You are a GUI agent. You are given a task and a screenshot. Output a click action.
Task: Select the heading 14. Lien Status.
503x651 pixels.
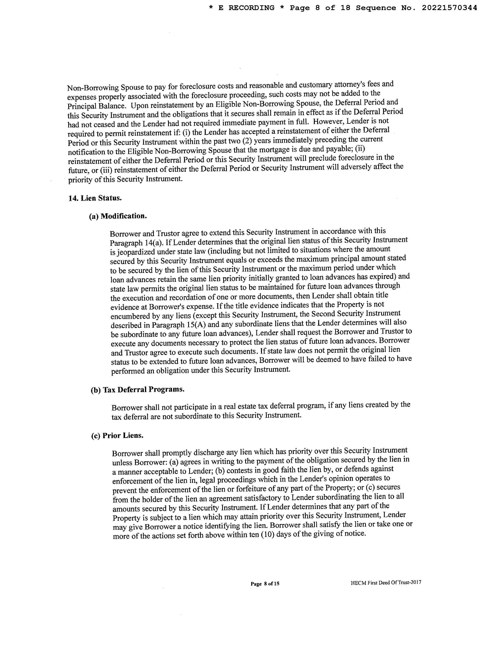(95, 198)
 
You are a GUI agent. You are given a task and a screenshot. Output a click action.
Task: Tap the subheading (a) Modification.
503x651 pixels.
(118, 216)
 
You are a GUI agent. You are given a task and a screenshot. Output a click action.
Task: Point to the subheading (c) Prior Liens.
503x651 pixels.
(117, 436)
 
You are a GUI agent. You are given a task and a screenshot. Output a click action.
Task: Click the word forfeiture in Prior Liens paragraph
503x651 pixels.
(252, 489)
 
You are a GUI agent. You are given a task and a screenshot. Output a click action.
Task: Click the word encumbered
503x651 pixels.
(129, 316)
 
